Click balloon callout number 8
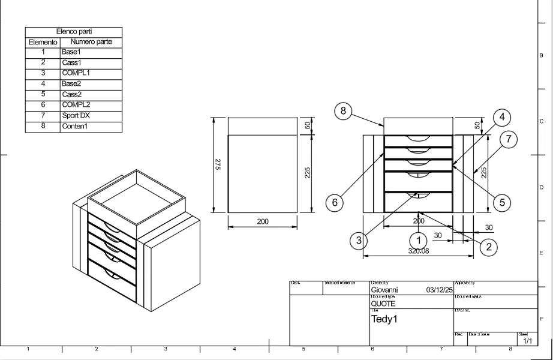[x=343, y=112]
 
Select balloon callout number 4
[x=502, y=117]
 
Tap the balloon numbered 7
[x=508, y=140]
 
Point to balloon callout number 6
[x=335, y=203]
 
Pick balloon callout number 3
[x=359, y=241]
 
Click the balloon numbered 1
[x=419, y=241]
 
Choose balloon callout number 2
[x=488, y=246]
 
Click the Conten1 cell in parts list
[x=75, y=127]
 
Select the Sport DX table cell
[x=76, y=116]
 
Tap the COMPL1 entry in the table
[x=76, y=73]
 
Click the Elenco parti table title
[x=74, y=32]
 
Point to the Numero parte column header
[x=91, y=42]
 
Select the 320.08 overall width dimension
[x=419, y=251]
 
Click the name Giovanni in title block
[x=384, y=290]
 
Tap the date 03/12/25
[x=440, y=290]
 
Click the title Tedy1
[x=384, y=319]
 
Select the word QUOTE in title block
[x=383, y=304]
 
